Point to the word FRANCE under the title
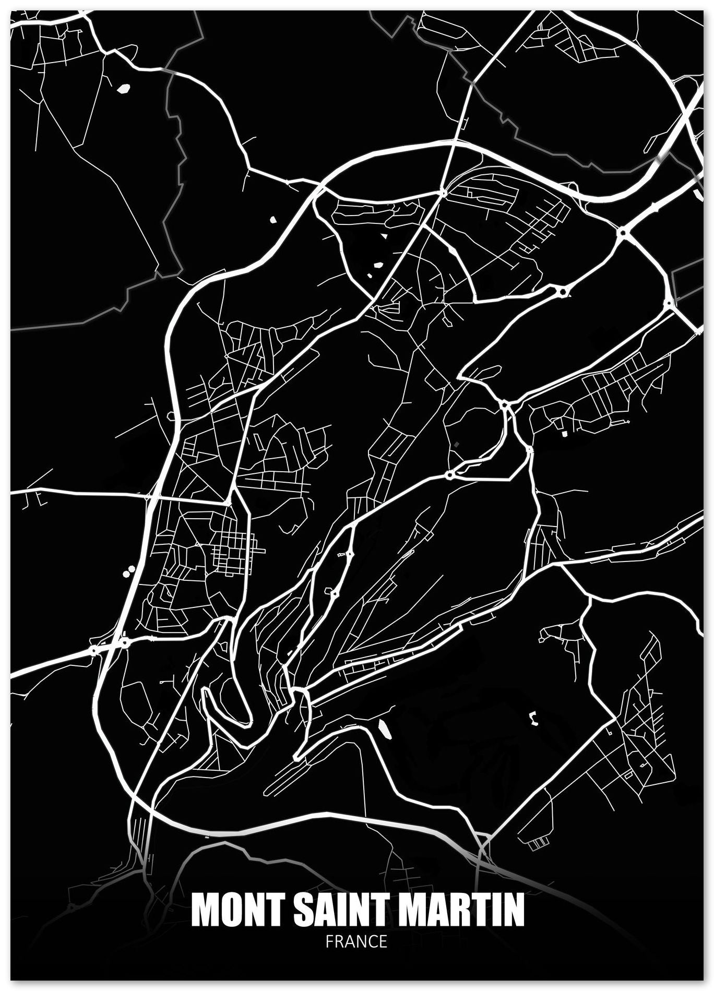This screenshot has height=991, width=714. pyautogui.click(x=356, y=941)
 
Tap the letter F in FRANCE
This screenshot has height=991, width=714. pyautogui.click(x=329, y=941)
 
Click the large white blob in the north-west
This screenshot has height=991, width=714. pyautogui.click(x=124, y=89)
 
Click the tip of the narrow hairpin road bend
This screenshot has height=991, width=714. pyautogui.click(x=205, y=691)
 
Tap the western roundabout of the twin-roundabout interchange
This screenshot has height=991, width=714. pyautogui.click(x=93, y=650)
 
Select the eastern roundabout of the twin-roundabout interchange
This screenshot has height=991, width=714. pyautogui.click(x=125, y=642)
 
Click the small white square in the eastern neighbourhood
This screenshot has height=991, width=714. pyautogui.click(x=563, y=433)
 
